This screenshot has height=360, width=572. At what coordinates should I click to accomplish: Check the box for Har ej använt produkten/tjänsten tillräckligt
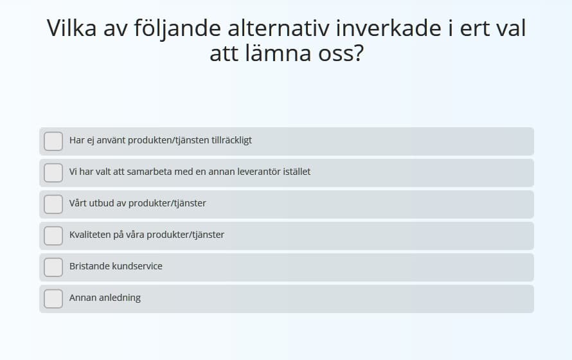[x=53, y=141]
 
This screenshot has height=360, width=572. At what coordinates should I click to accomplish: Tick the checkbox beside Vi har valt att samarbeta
[x=53, y=172]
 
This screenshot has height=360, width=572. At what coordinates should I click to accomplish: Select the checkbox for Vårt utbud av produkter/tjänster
[x=53, y=204]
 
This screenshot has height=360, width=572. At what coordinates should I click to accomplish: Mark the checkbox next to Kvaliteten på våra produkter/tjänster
[x=53, y=236]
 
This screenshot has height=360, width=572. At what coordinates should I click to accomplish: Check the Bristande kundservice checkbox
[x=53, y=267]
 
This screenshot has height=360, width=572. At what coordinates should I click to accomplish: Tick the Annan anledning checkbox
[x=53, y=299]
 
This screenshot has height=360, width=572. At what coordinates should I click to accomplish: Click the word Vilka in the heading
[x=71, y=28]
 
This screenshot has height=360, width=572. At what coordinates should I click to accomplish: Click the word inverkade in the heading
[x=388, y=28]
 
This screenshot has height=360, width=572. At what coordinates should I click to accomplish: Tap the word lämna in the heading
[x=278, y=53]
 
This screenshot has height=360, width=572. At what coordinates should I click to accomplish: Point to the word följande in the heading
[x=177, y=29]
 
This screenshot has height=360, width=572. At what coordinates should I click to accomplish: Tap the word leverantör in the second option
[x=259, y=172]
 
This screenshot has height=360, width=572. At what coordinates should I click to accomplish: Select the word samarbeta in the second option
[x=149, y=172]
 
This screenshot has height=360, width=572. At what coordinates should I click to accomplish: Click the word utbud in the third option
[x=102, y=203]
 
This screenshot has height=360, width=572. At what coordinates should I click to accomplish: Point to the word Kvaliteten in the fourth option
[x=90, y=235]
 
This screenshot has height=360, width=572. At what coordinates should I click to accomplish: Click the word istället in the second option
[x=297, y=172]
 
